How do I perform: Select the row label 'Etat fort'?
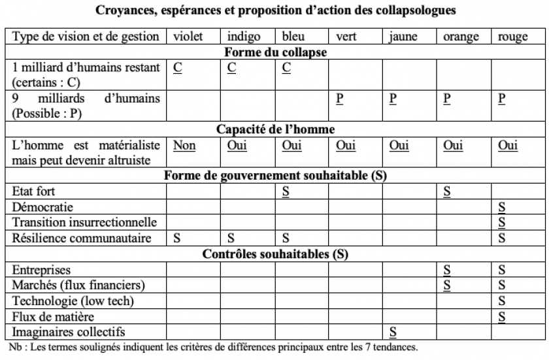pyautogui.click(x=33, y=191)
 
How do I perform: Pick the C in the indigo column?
pyautogui.click(x=231, y=67)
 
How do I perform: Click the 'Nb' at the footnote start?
pyautogui.click(x=12, y=346)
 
